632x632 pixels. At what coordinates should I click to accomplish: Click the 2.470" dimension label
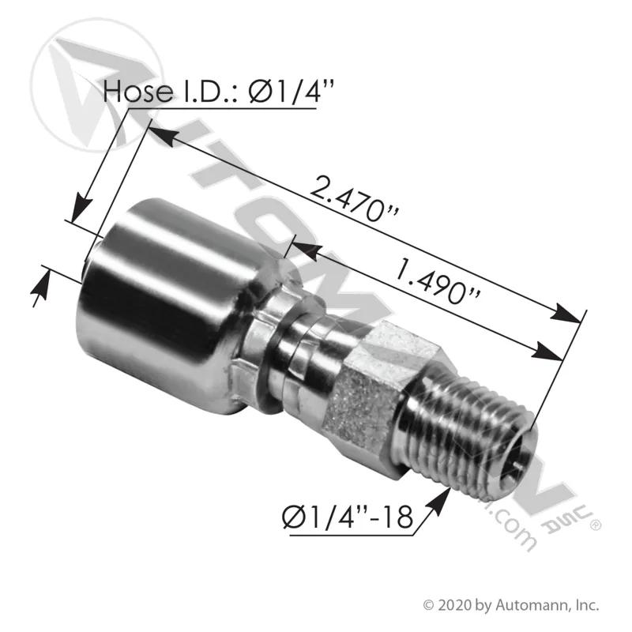pyautogui.click(x=354, y=199)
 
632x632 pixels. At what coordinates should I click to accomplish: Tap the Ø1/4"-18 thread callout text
pyautogui.click(x=348, y=517)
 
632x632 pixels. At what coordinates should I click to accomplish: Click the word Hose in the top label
pyautogui.click(x=137, y=91)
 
